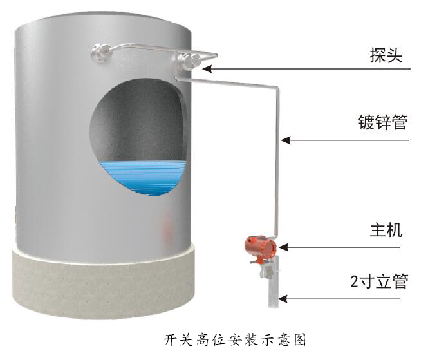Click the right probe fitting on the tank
coord(188,61)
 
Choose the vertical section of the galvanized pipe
coord(278,161)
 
